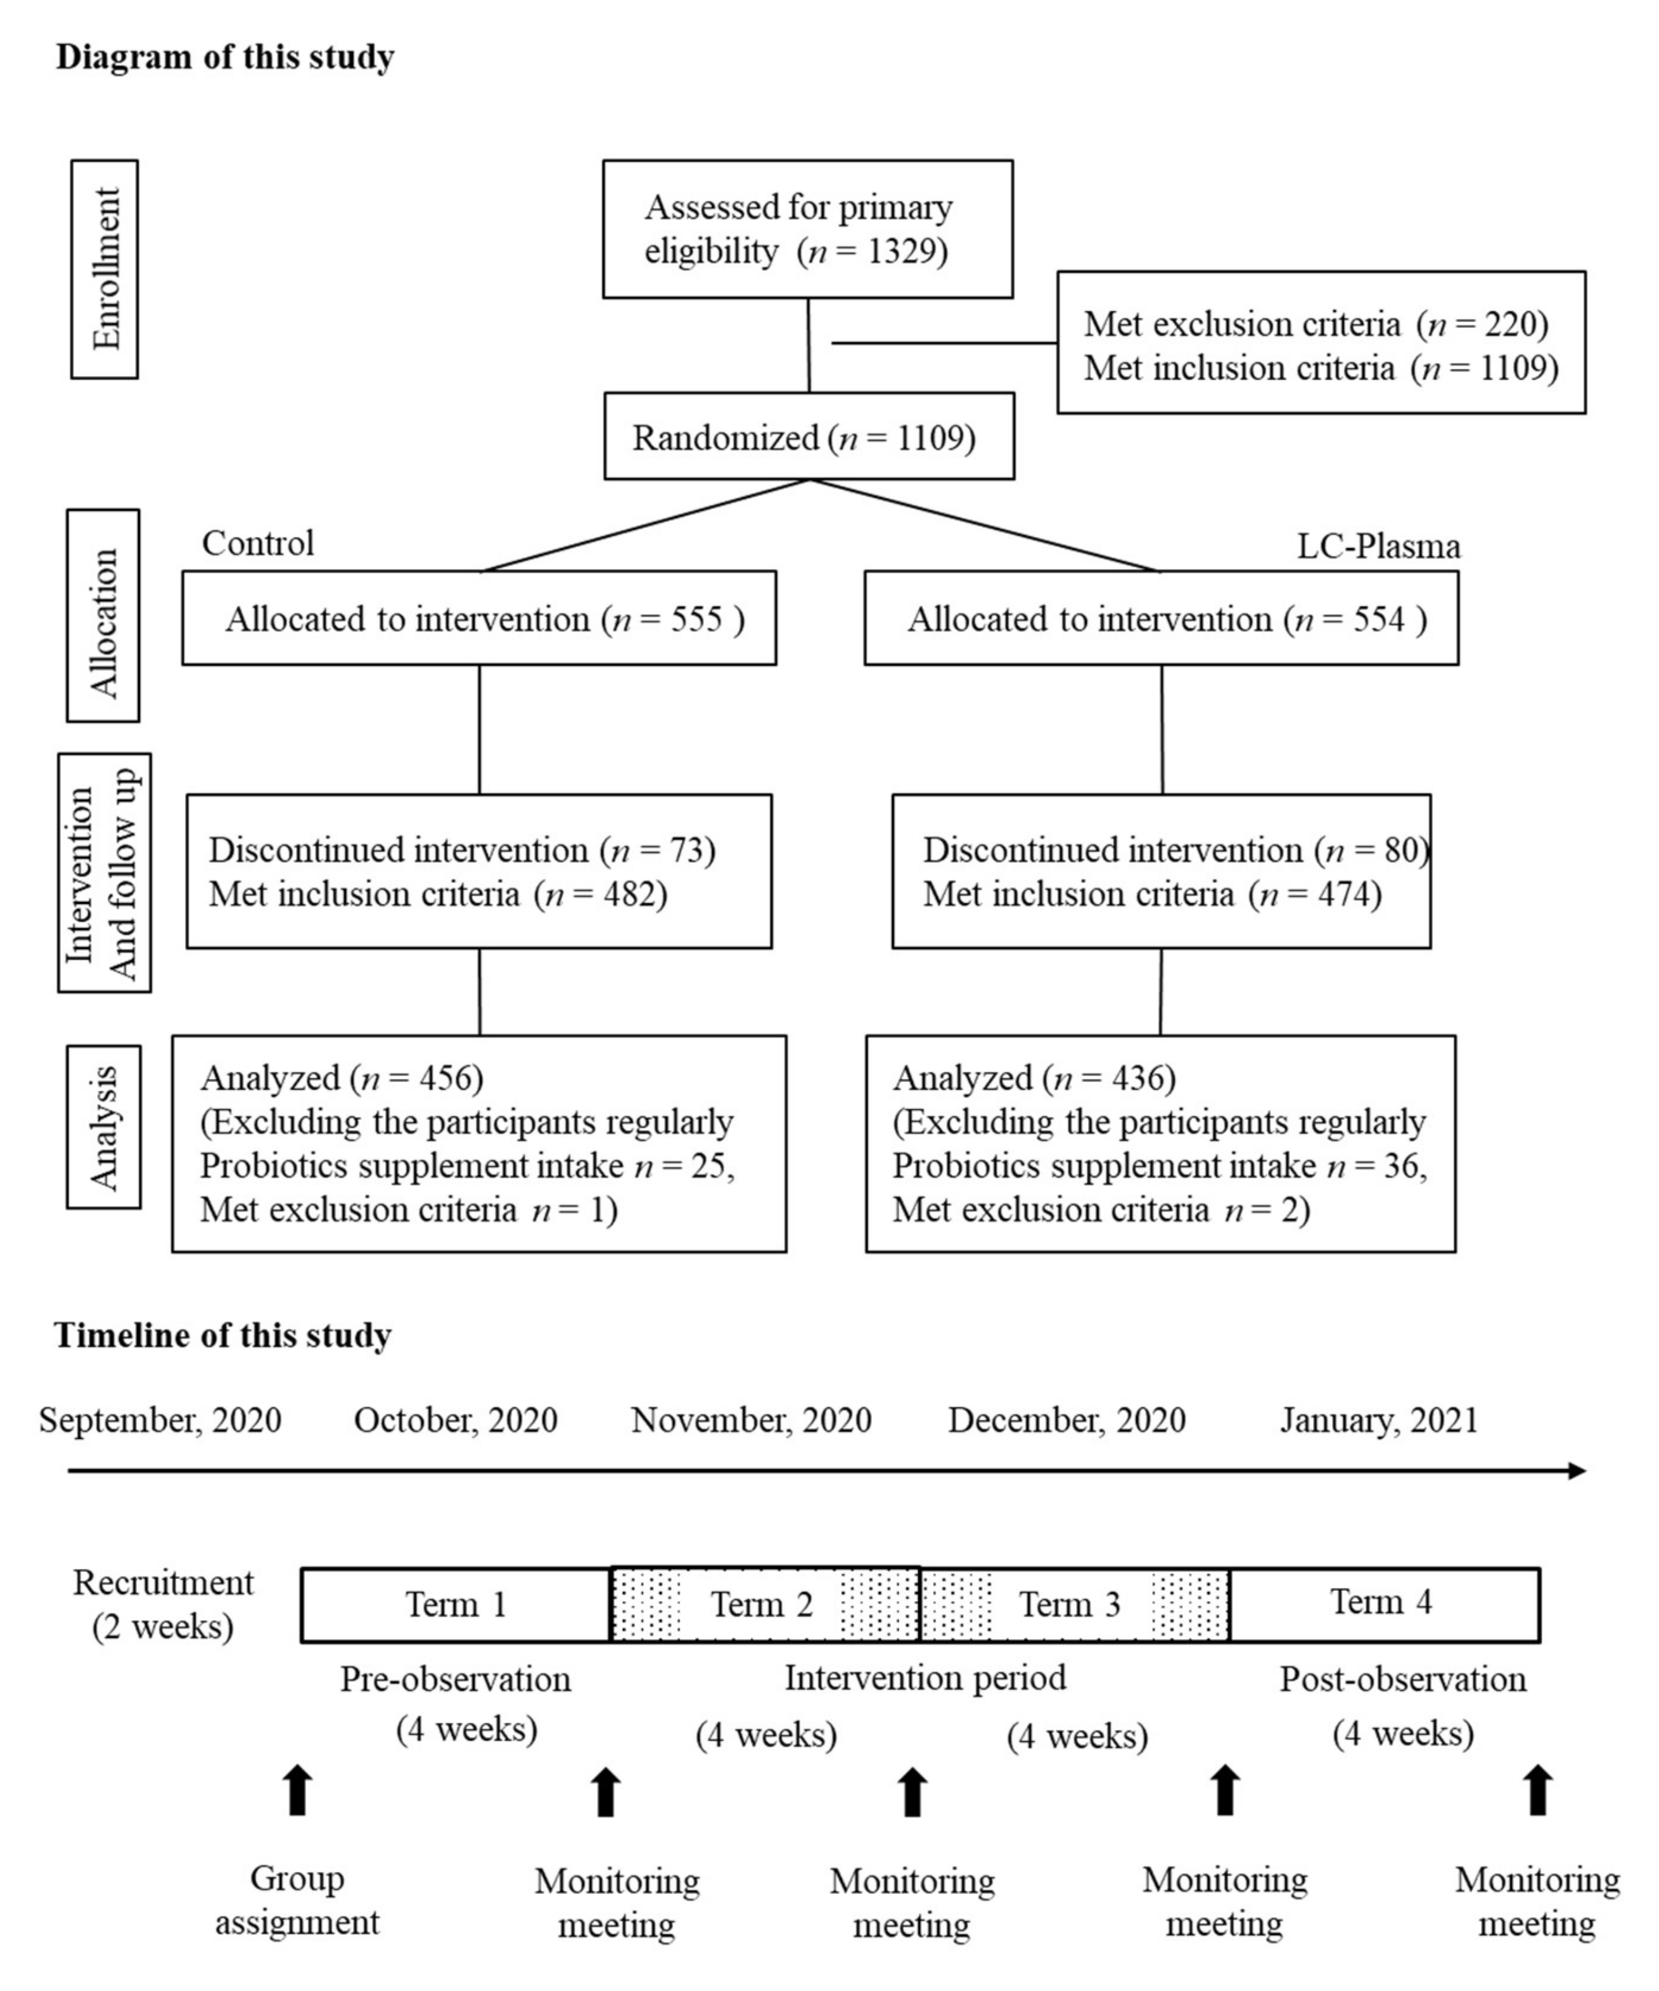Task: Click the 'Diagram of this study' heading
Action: (225, 57)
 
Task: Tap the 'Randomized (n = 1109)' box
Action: (808, 437)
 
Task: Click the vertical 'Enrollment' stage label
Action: (105, 269)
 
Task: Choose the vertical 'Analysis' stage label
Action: (103, 1126)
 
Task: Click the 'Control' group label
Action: (258, 543)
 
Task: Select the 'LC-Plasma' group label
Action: (1378, 547)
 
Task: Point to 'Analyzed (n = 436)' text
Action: (1034, 1078)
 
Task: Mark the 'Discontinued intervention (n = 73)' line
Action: (462, 849)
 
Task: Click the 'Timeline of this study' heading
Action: (223, 1335)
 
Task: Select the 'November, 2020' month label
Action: (751, 1421)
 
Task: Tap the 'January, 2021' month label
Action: (1378, 1421)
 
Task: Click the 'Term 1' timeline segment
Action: (456, 1604)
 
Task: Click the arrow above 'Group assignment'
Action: (298, 1790)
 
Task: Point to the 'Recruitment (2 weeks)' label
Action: (163, 1604)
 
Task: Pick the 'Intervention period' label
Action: (925, 1678)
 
